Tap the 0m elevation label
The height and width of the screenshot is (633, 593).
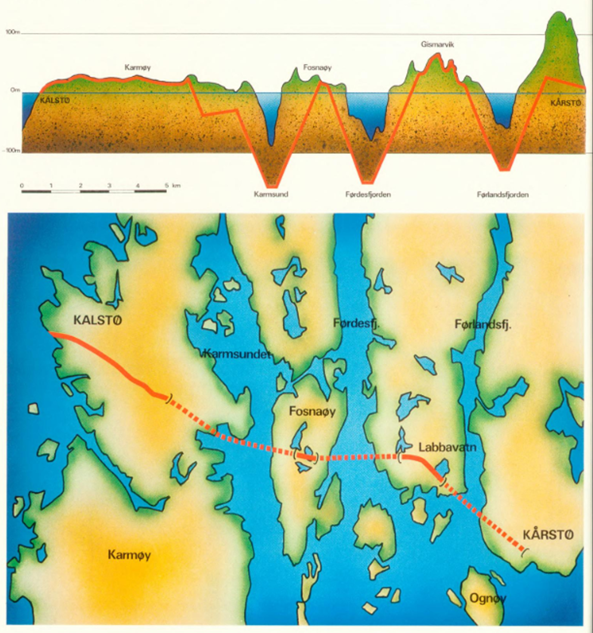pyautogui.click(x=15, y=90)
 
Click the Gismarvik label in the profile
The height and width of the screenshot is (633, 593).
pyautogui.click(x=437, y=45)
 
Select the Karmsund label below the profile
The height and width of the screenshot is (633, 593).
pyautogui.click(x=271, y=194)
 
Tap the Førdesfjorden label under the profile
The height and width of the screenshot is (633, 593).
pyautogui.click(x=368, y=194)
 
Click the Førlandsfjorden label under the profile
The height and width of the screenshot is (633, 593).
pyautogui.click(x=503, y=195)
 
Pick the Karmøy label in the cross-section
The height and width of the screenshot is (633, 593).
pyautogui.click(x=138, y=68)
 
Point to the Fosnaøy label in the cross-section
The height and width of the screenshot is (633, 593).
pyautogui.click(x=318, y=68)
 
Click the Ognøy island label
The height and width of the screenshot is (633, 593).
pyautogui.click(x=488, y=599)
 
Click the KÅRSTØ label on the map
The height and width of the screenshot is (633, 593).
pyautogui.click(x=548, y=535)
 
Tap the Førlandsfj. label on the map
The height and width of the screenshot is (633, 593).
pyautogui.click(x=483, y=325)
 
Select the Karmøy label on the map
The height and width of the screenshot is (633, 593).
pyautogui.click(x=129, y=555)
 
